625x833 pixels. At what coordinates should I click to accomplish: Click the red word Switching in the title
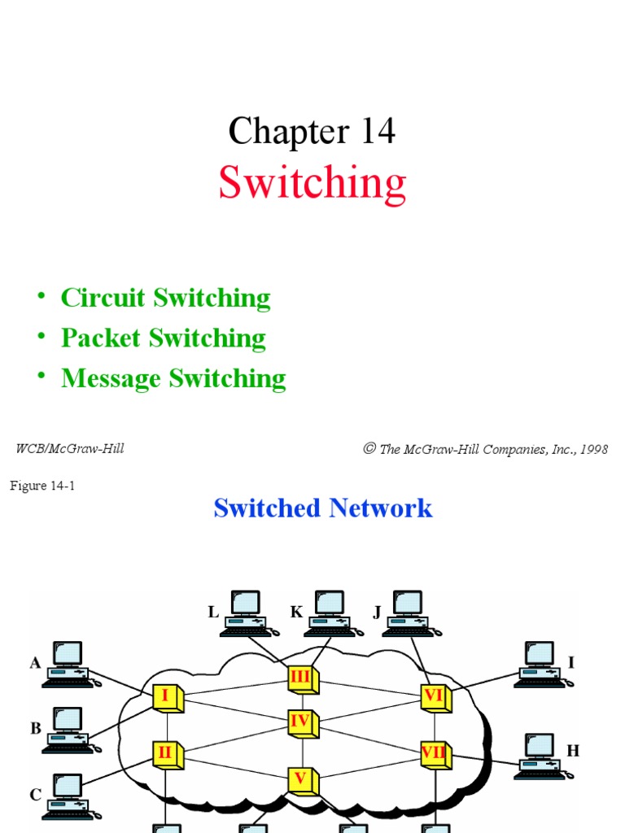coord(312,183)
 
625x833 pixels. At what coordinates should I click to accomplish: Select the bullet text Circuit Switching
coord(165,299)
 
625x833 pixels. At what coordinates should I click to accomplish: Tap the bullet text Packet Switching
coord(163,338)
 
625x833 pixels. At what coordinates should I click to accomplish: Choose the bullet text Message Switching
coord(173,378)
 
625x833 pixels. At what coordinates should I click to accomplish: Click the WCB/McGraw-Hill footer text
coord(70,448)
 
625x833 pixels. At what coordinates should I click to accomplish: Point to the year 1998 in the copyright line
coord(592,449)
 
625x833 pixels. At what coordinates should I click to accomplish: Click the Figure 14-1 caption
coord(42,486)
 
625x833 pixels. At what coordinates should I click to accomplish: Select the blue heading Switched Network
coord(322,508)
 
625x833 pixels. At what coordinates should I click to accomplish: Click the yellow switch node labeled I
coord(166,697)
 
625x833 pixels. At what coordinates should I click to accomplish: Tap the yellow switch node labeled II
coord(166,753)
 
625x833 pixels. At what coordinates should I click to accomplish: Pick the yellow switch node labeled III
coord(301,678)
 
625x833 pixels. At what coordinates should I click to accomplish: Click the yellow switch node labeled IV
coord(301,721)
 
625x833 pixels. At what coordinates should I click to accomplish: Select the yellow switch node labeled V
coord(301,779)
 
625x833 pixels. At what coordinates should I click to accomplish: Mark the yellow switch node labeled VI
coord(434,696)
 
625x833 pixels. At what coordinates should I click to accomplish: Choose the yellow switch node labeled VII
coord(434,753)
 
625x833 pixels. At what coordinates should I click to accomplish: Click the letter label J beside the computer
coord(377,613)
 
